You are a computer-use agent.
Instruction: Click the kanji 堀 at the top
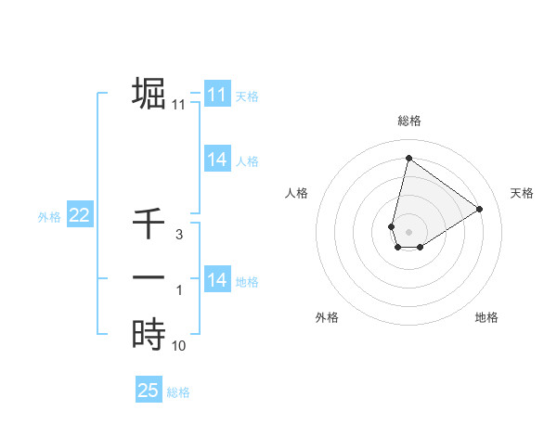[x=149, y=94]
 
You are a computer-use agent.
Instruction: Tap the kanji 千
[x=149, y=224]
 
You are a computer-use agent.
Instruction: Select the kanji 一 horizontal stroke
[x=149, y=277]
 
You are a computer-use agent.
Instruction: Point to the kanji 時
[x=149, y=333]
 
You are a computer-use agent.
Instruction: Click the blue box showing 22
[x=79, y=215]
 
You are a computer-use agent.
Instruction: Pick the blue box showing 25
[x=149, y=391]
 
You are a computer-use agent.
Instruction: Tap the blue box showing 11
[x=216, y=95]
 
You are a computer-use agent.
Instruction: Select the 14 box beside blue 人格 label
[x=216, y=160]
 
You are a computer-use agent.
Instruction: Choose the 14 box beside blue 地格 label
[x=216, y=279]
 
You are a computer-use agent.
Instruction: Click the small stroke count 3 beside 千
[x=180, y=236]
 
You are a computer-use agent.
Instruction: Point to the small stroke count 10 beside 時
[x=179, y=346]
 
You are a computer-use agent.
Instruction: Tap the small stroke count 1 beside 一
[x=180, y=291]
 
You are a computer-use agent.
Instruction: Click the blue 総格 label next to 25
[x=178, y=392]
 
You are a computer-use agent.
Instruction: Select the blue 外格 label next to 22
[x=49, y=217]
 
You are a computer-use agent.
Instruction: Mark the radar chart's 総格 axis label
[x=409, y=121]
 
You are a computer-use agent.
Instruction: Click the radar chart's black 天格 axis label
[x=522, y=193]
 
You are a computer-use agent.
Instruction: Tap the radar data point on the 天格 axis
[x=480, y=209]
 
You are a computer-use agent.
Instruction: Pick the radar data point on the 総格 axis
[x=408, y=158]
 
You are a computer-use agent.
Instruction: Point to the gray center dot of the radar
[x=408, y=231]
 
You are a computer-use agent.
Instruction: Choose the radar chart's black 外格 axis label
[x=327, y=317]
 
